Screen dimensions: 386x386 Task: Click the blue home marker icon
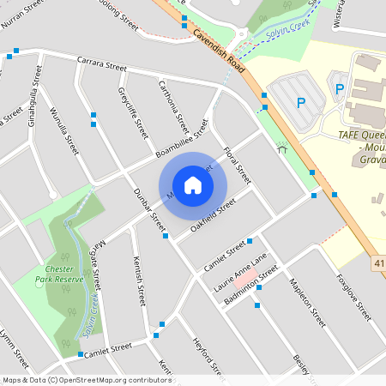[x=193, y=184]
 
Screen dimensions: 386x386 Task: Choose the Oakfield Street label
[x=213, y=216]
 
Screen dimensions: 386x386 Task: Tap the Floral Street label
[x=237, y=166]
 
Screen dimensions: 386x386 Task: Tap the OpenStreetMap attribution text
[x=87, y=379]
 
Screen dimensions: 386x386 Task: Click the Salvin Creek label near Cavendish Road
[x=288, y=33]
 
